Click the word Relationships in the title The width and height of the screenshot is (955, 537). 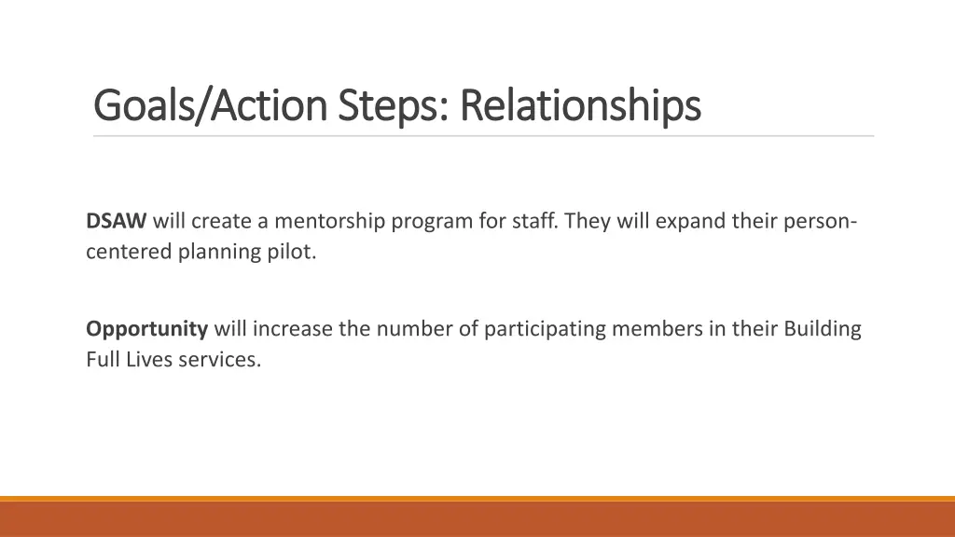click(x=580, y=106)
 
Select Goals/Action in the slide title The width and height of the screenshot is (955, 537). click(x=212, y=106)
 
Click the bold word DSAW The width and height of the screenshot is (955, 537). click(x=117, y=221)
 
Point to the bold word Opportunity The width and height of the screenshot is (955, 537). click(x=146, y=328)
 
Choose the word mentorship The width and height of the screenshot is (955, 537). click(x=330, y=221)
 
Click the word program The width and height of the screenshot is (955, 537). click(x=427, y=221)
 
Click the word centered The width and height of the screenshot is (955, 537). click(x=130, y=252)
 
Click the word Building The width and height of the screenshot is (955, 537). click(x=822, y=328)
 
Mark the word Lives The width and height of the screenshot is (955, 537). click(x=145, y=359)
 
